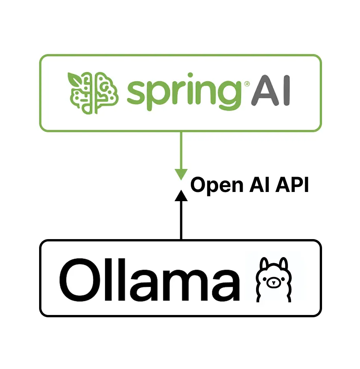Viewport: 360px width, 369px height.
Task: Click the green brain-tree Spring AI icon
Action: [x=93, y=93]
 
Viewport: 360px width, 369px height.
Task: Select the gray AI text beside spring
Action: [x=271, y=90]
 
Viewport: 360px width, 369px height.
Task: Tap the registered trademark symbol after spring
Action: [x=247, y=84]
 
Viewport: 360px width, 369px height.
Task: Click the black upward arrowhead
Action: [x=181, y=195]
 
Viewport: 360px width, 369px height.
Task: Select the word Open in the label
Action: [x=217, y=186]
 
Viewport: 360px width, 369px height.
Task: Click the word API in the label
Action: [x=292, y=185]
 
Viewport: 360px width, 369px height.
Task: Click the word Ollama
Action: [x=150, y=280]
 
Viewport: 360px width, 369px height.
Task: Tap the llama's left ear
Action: [x=264, y=264]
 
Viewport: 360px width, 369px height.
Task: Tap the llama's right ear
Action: [x=283, y=264]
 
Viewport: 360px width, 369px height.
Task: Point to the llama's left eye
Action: [x=265, y=279]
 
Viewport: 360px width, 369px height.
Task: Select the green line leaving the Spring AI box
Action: [x=181, y=151]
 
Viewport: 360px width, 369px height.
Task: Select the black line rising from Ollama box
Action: [x=181, y=220]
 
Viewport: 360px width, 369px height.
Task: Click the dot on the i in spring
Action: [x=190, y=75]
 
